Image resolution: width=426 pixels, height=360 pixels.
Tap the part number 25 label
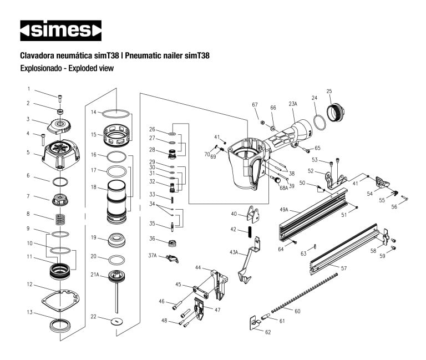pyautogui.click(x=329, y=91)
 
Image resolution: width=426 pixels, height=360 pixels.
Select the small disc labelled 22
pyautogui.click(x=116, y=321)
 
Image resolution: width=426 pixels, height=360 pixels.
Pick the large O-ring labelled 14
pyautogui.click(x=118, y=114)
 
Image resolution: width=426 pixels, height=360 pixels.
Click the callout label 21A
pyautogui.click(x=95, y=275)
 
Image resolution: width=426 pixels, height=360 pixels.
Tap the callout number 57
pyautogui.click(x=344, y=268)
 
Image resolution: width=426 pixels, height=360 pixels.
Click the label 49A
pyautogui.click(x=283, y=210)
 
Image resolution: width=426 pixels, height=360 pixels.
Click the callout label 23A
pyautogui.click(x=293, y=103)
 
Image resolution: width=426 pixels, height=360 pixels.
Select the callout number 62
pyautogui.click(x=268, y=332)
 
